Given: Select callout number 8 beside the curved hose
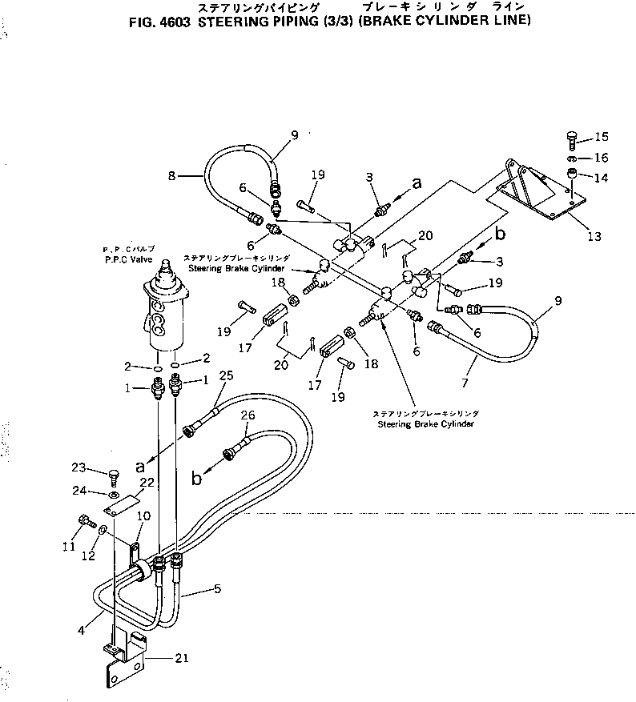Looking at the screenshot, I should pyautogui.click(x=174, y=175).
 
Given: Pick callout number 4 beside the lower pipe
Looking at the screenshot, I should pyautogui.click(x=83, y=628).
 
